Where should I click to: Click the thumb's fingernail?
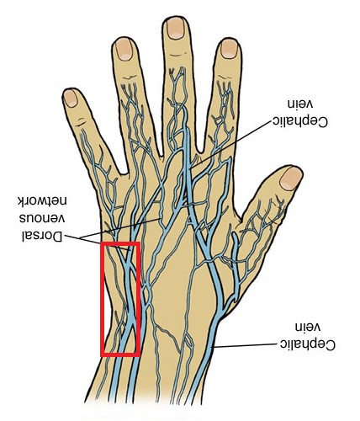[291, 178]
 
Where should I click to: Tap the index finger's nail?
[229, 48]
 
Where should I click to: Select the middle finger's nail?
[176, 28]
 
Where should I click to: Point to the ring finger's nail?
[124, 49]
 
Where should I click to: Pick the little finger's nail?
[71, 98]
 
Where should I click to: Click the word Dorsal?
[42, 237]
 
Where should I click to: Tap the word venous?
[42, 218]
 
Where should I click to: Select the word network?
[42, 200]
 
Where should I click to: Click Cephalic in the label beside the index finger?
[299, 122]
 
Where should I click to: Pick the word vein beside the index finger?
[299, 104]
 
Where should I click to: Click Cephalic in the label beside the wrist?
[307, 344]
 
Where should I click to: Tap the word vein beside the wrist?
[307, 328]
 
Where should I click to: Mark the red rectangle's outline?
[101, 299]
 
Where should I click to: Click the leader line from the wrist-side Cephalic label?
[245, 345]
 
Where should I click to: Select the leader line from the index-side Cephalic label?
[230, 145]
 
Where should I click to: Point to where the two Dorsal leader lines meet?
[80, 238]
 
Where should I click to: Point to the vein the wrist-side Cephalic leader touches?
[213, 347]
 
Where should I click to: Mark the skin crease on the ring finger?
[130, 77]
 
